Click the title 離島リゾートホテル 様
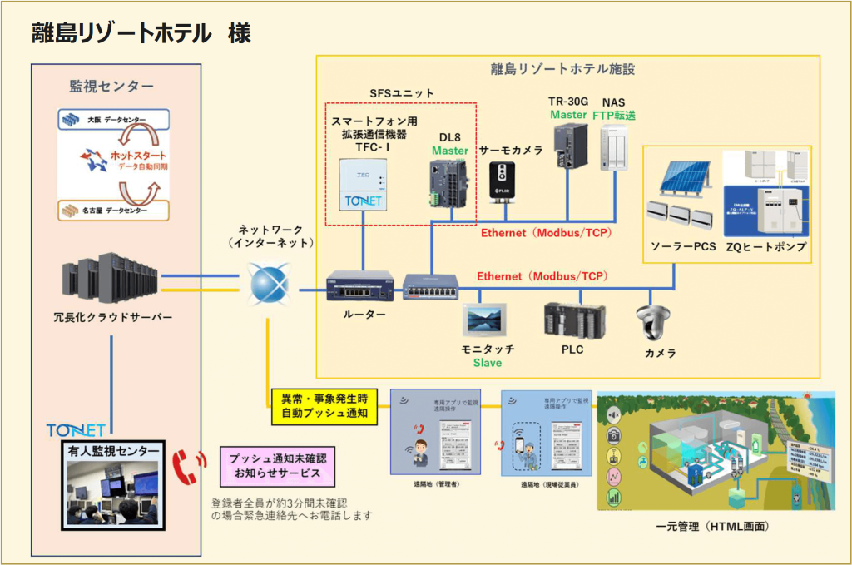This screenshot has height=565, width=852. tap(141, 33)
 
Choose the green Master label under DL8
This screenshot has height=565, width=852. tap(449, 151)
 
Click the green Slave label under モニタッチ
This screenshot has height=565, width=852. tap(488, 364)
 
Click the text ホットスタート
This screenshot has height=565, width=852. tap(137, 156)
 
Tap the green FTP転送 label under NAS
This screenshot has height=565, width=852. tap(614, 116)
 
